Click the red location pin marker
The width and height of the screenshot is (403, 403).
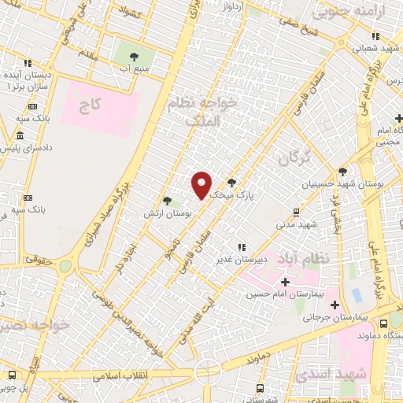click(201, 185)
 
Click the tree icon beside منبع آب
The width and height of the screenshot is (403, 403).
click(132, 56)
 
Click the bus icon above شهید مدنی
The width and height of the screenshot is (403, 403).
click(295, 211)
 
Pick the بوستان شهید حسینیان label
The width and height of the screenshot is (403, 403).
click(348, 183)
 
